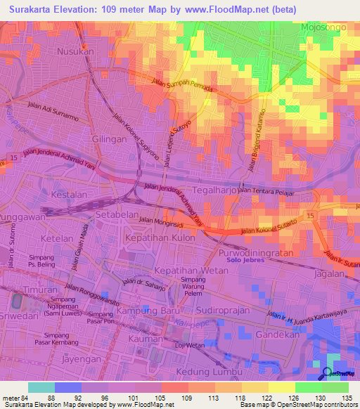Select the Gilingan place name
(x=109, y=139)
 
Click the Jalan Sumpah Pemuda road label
(x=180, y=89)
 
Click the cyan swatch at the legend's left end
(x=41, y=387)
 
